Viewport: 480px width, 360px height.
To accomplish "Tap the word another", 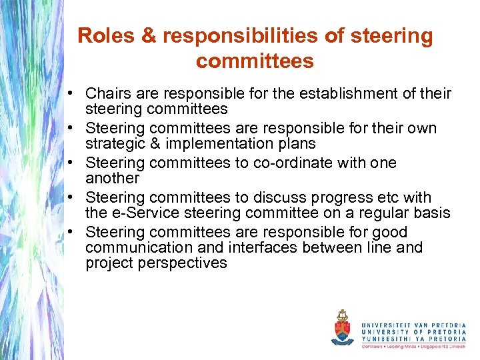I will (x=112, y=178).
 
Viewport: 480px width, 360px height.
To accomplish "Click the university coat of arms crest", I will (x=342, y=328).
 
